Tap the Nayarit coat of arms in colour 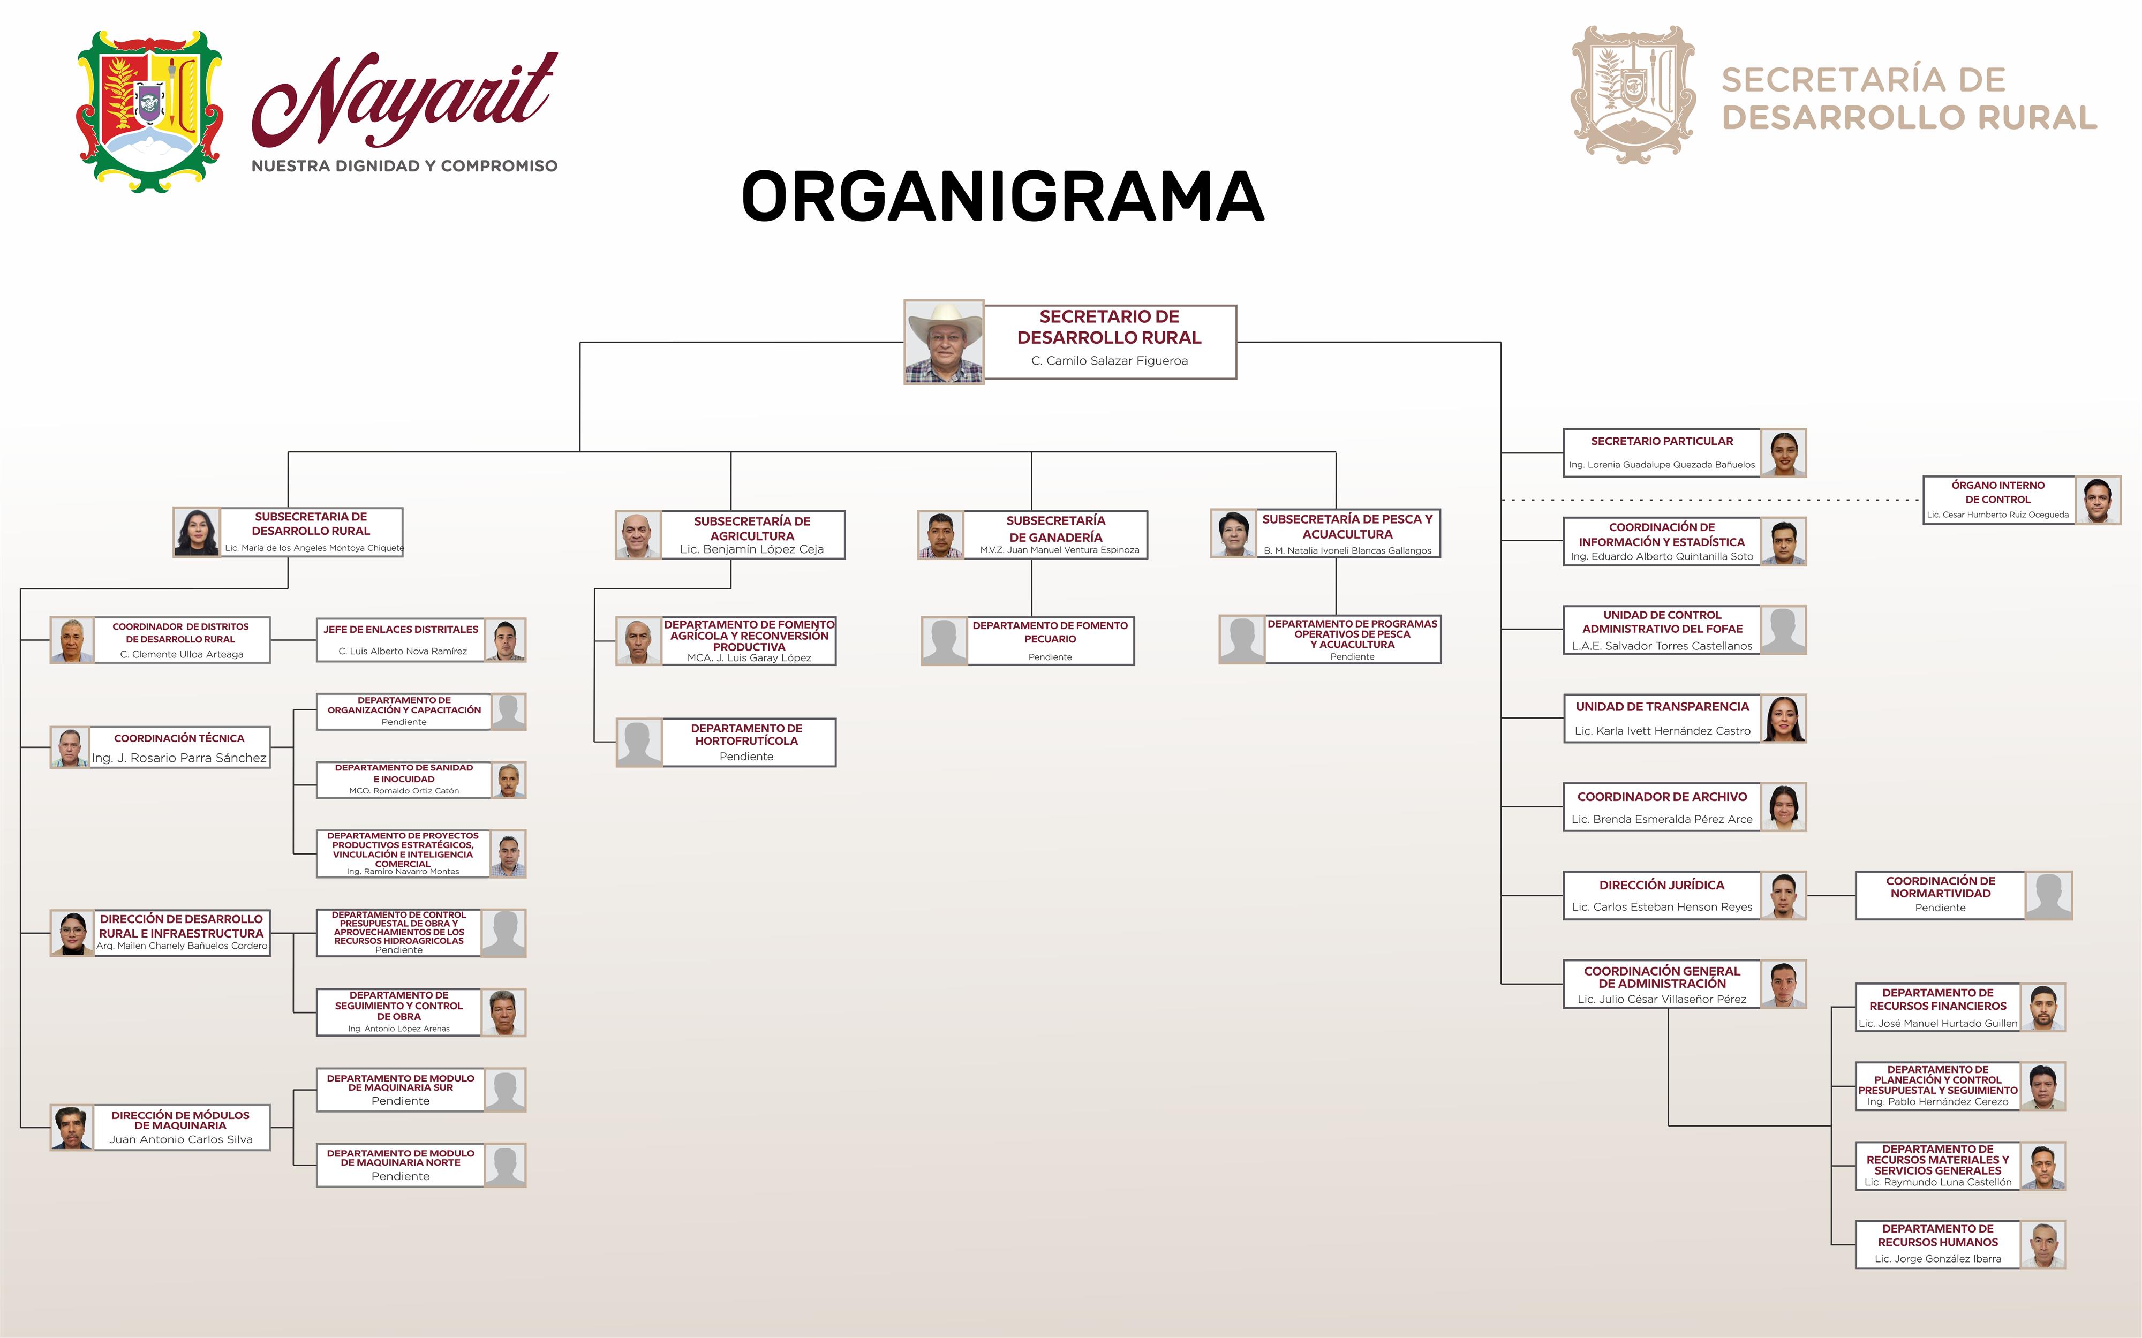coord(149,111)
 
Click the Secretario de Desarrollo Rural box coord(1110,342)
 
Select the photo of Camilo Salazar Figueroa coord(944,342)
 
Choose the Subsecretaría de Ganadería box coord(1055,534)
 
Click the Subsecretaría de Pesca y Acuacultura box coord(1347,534)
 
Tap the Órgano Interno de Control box coord(1998,500)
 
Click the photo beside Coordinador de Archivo coord(1784,807)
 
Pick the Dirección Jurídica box coord(1662,896)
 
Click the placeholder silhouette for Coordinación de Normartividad coord(2049,896)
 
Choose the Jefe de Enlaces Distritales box coord(401,640)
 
